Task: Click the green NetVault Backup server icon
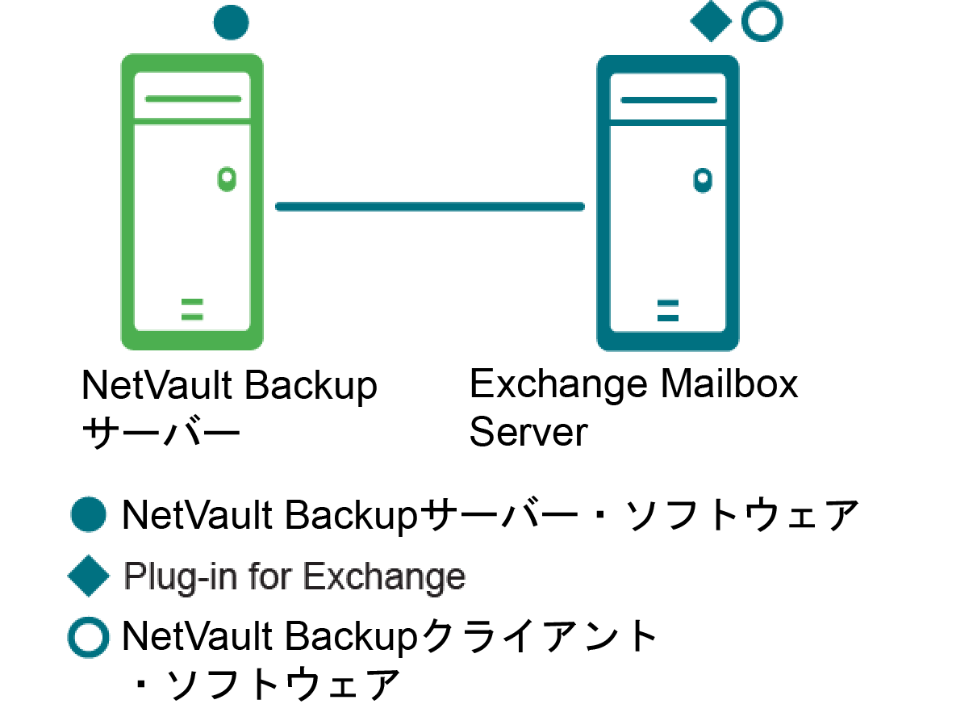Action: coord(192,202)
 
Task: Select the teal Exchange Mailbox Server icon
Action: coord(667,202)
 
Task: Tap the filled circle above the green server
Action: coord(231,23)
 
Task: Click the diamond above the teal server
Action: coord(711,23)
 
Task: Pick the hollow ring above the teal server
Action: coord(762,23)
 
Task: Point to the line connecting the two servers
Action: coord(429,207)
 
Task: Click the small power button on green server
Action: coord(227,177)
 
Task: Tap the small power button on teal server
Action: coord(703,178)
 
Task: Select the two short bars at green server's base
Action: coord(192,309)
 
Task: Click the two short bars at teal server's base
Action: coord(667,310)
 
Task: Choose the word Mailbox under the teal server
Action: coord(729,384)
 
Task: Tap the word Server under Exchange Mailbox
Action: coord(528,432)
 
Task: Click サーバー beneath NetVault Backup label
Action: coord(161,434)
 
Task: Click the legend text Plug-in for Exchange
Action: coord(294,577)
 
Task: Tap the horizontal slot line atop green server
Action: coord(193,98)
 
